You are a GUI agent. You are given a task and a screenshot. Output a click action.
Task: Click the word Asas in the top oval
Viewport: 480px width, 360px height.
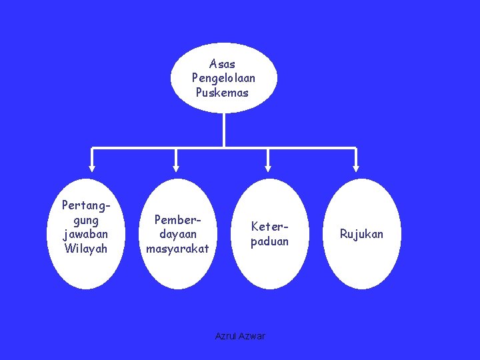click(x=222, y=64)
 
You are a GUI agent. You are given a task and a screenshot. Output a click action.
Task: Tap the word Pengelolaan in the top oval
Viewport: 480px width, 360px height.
click(x=223, y=78)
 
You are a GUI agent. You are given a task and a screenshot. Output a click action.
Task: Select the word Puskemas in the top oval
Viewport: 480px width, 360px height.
click(x=222, y=93)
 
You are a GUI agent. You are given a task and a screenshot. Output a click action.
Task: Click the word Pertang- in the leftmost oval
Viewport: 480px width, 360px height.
click(x=85, y=205)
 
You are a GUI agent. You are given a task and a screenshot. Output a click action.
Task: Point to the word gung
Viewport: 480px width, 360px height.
click(x=85, y=220)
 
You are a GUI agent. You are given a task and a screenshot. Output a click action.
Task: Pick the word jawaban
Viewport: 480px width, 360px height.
click(x=85, y=234)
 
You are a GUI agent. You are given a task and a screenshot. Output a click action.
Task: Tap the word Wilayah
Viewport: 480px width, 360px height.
click(x=85, y=249)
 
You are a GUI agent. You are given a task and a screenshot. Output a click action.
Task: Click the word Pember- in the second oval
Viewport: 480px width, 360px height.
click(x=177, y=219)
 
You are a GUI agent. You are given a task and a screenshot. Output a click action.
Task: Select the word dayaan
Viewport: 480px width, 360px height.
click(x=177, y=234)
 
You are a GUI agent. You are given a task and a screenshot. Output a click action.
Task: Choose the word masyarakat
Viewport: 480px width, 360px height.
click(x=177, y=249)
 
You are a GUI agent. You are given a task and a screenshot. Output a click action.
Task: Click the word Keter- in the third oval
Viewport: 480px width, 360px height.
click(x=269, y=227)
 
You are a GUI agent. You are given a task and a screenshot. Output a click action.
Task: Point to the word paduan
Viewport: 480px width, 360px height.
click(x=269, y=241)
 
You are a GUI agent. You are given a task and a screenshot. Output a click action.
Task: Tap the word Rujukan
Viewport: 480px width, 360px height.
click(x=361, y=234)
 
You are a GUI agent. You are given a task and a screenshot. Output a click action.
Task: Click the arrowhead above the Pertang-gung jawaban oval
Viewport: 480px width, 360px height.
click(x=92, y=168)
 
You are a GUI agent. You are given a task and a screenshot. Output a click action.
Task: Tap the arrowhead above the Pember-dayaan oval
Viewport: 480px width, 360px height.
click(x=176, y=168)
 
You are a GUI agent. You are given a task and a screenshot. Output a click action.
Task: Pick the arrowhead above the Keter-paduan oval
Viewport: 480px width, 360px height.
click(x=268, y=168)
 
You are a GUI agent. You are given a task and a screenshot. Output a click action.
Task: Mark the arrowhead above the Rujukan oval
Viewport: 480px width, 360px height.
click(x=356, y=168)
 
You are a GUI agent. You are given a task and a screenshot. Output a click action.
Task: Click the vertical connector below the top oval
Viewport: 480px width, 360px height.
click(x=224, y=129)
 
